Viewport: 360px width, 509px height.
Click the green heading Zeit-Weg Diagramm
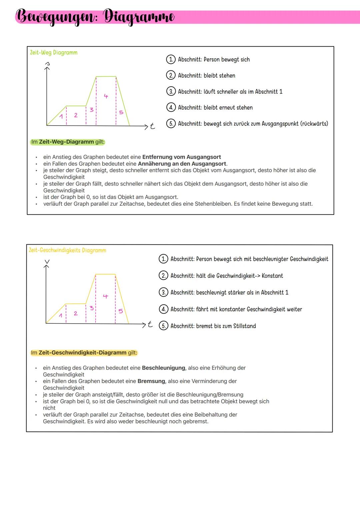click(54, 53)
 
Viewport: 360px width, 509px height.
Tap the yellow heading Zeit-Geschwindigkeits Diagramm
click(68, 250)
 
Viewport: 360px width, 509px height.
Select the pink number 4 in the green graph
click(106, 96)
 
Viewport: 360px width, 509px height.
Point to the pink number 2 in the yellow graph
click(76, 313)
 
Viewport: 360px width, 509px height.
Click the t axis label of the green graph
click(152, 126)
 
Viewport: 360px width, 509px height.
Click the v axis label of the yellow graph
click(47, 262)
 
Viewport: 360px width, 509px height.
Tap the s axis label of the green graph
click(47, 63)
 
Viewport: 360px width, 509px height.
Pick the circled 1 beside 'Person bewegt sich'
click(170, 60)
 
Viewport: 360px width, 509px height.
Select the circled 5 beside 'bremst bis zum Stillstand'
click(163, 326)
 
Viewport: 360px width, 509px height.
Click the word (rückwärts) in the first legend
click(314, 124)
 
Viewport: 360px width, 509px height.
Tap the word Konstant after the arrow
click(272, 276)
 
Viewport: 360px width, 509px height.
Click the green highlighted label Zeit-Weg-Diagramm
click(66, 142)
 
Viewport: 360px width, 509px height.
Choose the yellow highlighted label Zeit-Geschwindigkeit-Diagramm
click(82, 353)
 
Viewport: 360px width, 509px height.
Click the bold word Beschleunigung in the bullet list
click(163, 368)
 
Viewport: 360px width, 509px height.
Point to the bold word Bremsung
click(151, 381)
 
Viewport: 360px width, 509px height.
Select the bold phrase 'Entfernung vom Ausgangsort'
click(181, 157)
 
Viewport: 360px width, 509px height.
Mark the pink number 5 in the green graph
click(121, 113)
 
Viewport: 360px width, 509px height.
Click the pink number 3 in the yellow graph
click(92, 308)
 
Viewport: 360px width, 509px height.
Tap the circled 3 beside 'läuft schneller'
click(170, 92)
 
